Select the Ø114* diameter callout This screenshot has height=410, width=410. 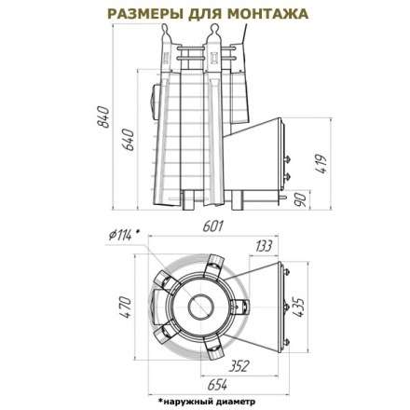123,233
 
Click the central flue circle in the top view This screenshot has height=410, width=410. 200,308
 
